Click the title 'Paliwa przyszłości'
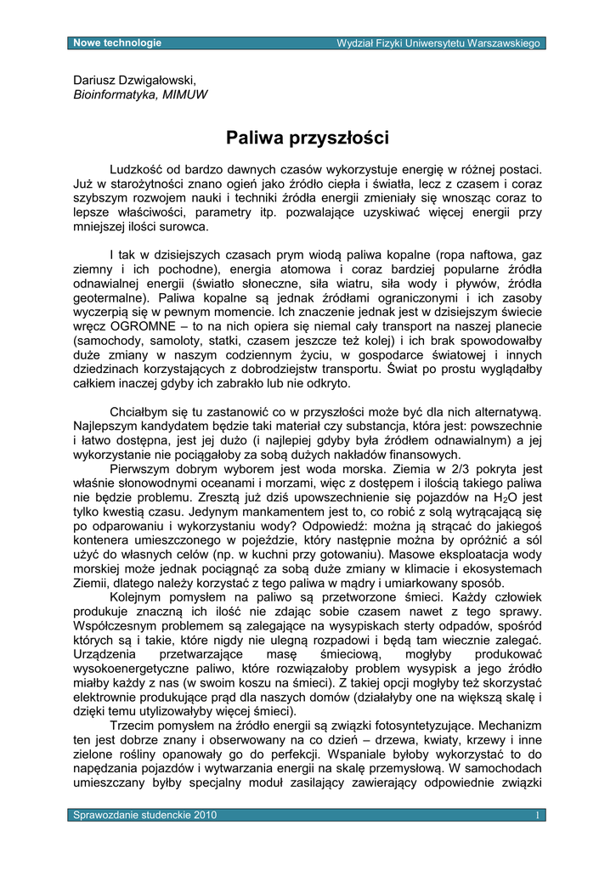tap(308, 137)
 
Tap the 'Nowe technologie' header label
tap(117, 42)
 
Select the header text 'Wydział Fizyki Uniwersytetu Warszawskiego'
tap(438, 43)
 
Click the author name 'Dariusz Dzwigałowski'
tap(134, 80)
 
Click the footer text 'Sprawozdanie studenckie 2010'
tap(145, 815)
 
